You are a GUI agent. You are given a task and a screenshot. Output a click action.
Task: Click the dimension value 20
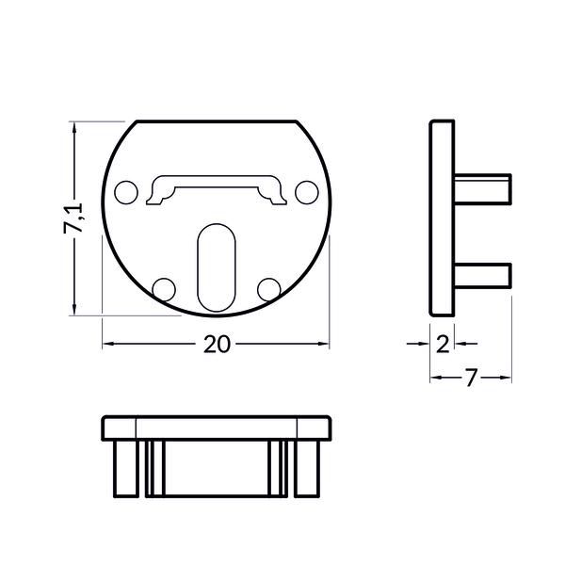click(217, 345)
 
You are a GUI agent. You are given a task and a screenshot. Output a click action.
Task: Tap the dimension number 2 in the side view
click(443, 345)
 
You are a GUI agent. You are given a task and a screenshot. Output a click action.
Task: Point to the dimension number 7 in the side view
click(471, 379)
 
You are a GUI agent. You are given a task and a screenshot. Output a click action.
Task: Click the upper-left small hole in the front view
click(124, 193)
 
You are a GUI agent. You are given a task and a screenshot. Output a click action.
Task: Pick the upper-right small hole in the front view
click(304, 193)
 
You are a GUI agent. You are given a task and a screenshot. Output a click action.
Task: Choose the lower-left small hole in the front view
click(163, 287)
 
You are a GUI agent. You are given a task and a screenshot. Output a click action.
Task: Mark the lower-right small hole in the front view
click(268, 287)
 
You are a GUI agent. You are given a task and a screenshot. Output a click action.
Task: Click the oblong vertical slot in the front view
click(216, 266)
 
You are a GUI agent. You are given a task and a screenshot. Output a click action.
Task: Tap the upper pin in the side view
click(482, 186)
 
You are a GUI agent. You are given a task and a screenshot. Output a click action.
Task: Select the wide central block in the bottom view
click(215, 468)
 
